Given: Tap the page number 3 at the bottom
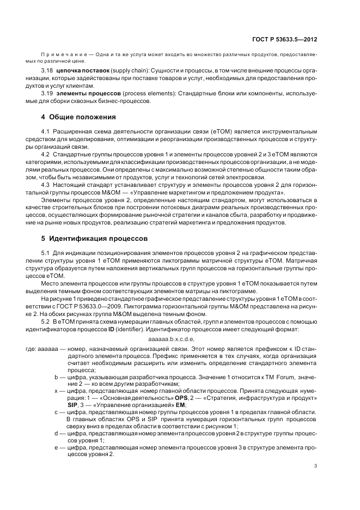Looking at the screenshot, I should point(315,465).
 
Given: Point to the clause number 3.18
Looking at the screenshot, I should point(47,71).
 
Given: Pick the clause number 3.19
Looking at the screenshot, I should point(47,93).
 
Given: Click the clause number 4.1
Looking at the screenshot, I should point(46,131).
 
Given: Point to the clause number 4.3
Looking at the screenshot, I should point(46,185).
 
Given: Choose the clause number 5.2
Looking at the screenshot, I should point(46,323).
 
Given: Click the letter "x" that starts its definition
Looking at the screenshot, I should point(56,391).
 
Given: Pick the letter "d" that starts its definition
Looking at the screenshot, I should point(56,433).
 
